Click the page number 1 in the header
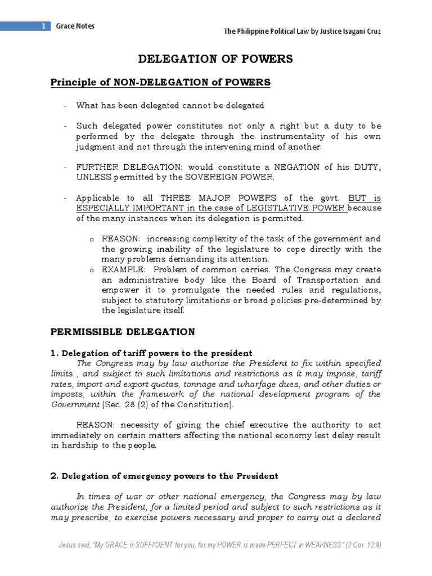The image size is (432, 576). point(43,26)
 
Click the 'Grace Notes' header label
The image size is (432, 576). point(75,26)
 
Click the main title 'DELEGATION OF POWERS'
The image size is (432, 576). point(215,60)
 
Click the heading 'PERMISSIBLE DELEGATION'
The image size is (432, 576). point(123,331)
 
